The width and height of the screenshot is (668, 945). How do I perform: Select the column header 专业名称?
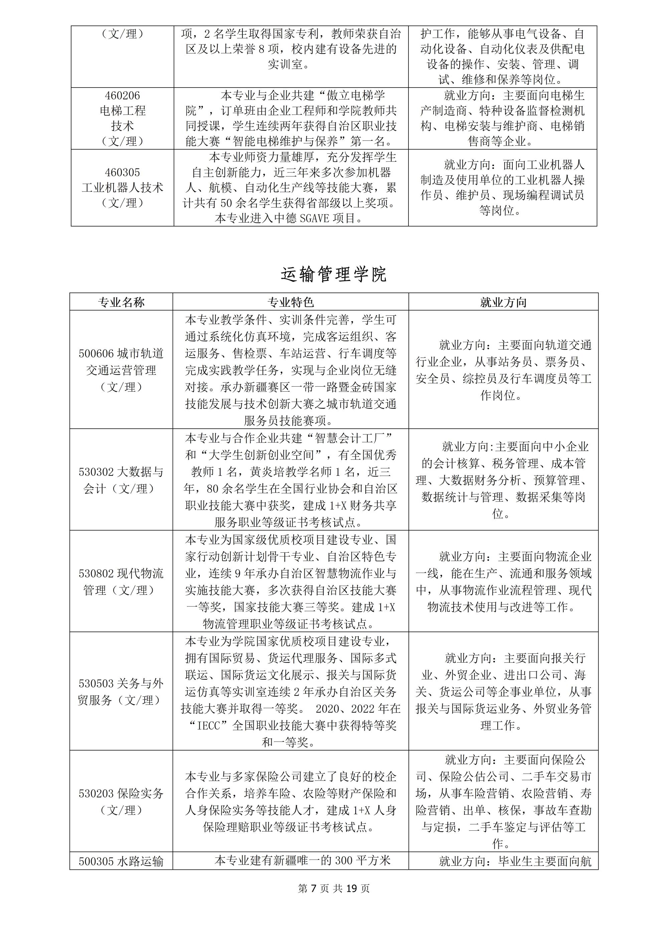click(x=121, y=302)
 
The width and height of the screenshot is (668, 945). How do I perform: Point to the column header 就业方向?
click(x=503, y=302)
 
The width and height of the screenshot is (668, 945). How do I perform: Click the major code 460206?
click(x=122, y=96)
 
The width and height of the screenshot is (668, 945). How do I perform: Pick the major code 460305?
click(x=122, y=172)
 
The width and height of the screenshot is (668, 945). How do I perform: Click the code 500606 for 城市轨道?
click(x=96, y=354)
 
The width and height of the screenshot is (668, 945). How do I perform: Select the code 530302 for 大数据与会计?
click(x=96, y=472)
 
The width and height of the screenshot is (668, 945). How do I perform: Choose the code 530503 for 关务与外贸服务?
click(x=96, y=684)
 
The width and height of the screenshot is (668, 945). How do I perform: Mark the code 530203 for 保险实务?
click(x=96, y=794)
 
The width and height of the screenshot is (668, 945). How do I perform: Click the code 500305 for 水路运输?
click(x=96, y=861)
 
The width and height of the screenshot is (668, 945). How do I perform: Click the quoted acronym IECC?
click(x=211, y=726)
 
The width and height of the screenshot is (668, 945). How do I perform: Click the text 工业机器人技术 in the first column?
click(x=122, y=188)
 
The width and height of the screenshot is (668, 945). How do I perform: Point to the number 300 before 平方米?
click(x=344, y=861)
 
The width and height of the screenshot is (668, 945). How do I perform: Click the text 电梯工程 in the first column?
click(x=122, y=111)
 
